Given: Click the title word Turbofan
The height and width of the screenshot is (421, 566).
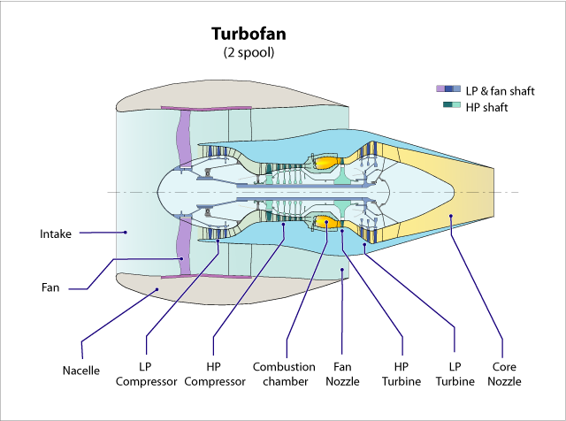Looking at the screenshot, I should click(x=248, y=34).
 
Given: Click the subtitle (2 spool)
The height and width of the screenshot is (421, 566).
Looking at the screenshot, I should click(x=249, y=53).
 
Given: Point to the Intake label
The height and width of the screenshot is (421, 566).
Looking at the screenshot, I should click(x=56, y=234).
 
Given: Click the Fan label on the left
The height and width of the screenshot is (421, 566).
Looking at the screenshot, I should click(x=50, y=287).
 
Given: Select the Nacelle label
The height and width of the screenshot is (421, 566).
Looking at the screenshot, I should click(x=81, y=371).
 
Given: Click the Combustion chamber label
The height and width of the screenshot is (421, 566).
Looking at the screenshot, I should click(x=284, y=373).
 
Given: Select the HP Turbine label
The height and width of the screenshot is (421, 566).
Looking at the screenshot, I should click(x=402, y=373).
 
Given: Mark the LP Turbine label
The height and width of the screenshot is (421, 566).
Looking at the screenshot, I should click(x=455, y=373).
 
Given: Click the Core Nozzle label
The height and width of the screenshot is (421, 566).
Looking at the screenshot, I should click(x=505, y=373).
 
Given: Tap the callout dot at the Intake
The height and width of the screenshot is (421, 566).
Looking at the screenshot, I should click(x=125, y=233).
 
